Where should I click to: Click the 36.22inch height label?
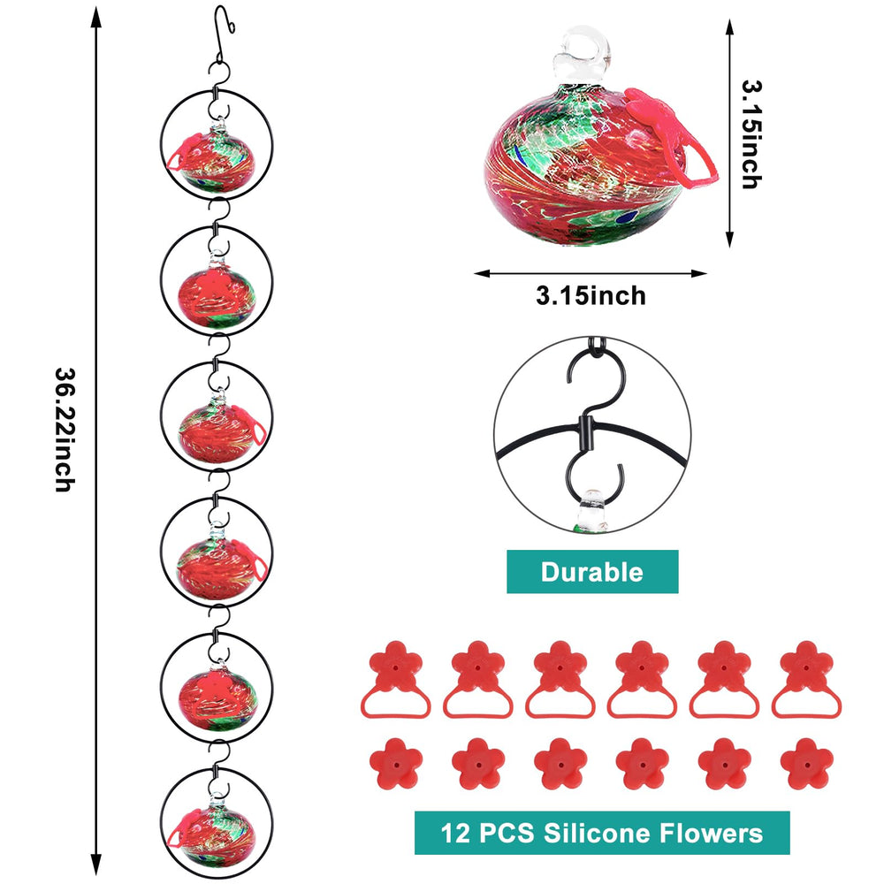pyautogui.click(x=65, y=431)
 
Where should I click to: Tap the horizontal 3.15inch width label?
pyautogui.click(x=591, y=296)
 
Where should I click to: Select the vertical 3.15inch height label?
pyautogui.click(x=751, y=134)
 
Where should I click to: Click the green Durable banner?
pyautogui.click(x=592, y=572)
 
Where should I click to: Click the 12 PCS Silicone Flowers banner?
pyautogui.click(x=602, y=833)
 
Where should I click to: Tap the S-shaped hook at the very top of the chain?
pyautogui.click(x=223, y=33)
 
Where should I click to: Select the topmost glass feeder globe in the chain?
pyautogui.click(x=217, y=159)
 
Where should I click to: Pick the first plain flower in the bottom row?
pyautogui.click(x=396, y=764)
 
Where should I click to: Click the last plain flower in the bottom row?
pyautogui.click(x=807, y=764)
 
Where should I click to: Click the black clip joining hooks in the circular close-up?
pyautogui.click(x=587, y=433)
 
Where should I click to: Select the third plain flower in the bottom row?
pyautogui.click(x=560, y=764)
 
